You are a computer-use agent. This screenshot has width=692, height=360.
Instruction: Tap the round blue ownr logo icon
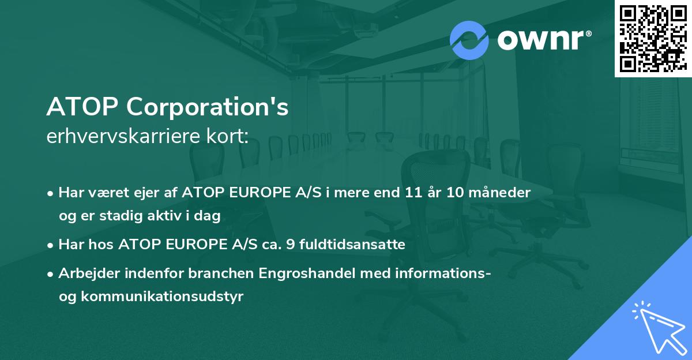click(469, 40)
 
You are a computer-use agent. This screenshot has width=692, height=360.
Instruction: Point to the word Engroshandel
click(310, 273)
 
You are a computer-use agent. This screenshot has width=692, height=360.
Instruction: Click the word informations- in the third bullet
click(441, 273)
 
